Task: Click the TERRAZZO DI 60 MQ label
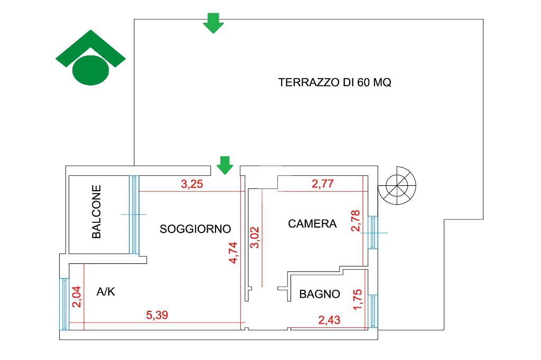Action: [334, 82]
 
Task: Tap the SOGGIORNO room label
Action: [195, 229]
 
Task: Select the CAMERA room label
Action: [312, 224]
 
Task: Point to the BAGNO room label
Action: [320, 294]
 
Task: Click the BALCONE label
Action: [97, 212]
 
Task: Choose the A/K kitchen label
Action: [106, 292]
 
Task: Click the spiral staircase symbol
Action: [397, 185]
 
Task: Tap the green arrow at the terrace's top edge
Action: [213, 23]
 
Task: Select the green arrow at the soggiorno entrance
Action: [225, 166]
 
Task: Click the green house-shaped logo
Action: [91, 58]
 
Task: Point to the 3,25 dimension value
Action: [192, 184]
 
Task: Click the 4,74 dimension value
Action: [233, 253]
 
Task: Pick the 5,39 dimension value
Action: [157, 315]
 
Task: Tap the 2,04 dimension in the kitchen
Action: [76, 297]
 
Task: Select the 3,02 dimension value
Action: [254, 237]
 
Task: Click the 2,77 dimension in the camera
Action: [323, 184]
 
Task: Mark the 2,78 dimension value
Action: [356, 221]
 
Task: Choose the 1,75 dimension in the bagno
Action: [358, 300]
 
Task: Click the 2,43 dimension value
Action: [329, 320]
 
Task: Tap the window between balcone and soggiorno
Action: [134, 214]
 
